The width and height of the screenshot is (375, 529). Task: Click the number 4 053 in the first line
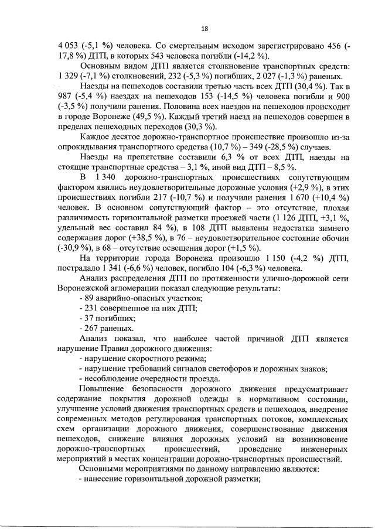pyautogui.click(x=67, y=46)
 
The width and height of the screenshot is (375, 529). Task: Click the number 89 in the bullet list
pyautogui.click(x=88, y=299)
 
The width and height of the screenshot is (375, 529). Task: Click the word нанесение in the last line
pyautogui.click(x=105, y=479)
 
